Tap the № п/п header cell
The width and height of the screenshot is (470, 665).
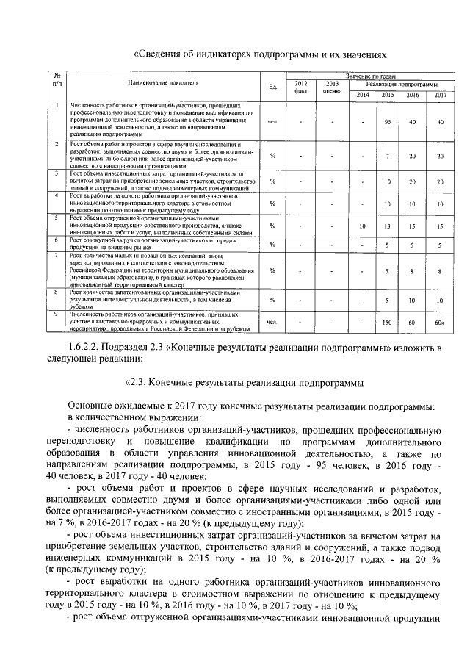pyautogui.click(x=57, y=80)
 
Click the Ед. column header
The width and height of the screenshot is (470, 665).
pyautogui.click(x=272, y=87)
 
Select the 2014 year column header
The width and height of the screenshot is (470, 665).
pyautogui.click(x=363, y=96)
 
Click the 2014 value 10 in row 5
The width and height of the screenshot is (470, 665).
pyautogui.click(x=362, y=226)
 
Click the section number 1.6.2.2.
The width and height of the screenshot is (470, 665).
pyautogui.click(x=87, y=348)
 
